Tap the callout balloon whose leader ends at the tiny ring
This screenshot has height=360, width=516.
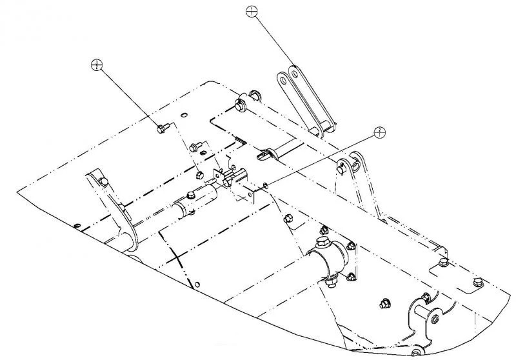tap(379, 132)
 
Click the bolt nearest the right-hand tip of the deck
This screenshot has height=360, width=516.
tap(477, 282)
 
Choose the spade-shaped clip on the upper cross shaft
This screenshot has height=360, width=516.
tap(265, 154)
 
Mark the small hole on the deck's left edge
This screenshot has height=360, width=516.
tap(77, 225)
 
